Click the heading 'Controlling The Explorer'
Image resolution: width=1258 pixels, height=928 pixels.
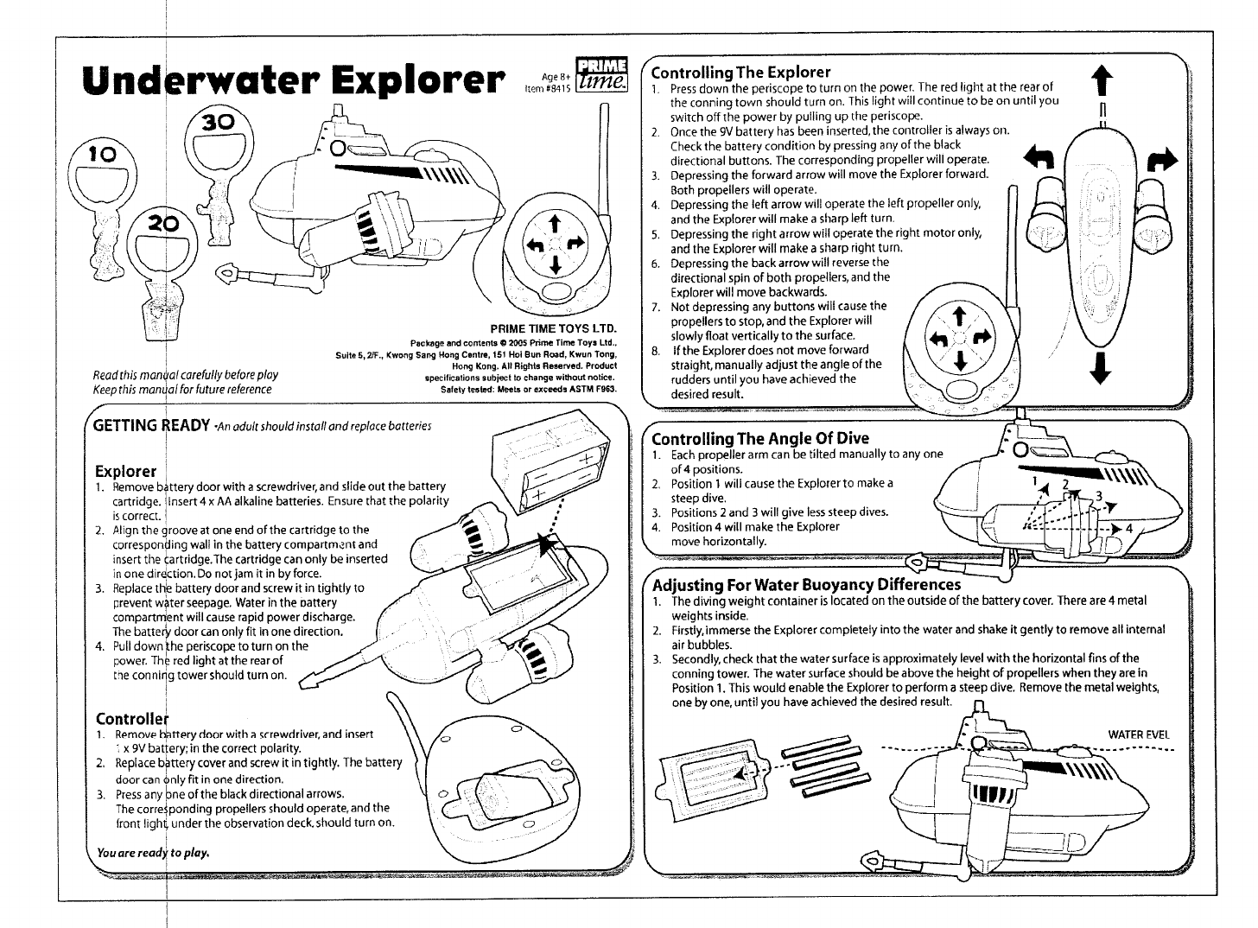click(740, 72)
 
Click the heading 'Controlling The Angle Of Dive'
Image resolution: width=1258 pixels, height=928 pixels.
click(760, 438)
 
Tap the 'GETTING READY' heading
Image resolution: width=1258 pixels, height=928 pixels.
click(151, 425)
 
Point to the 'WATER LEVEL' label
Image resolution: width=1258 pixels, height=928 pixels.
click(1139, 734)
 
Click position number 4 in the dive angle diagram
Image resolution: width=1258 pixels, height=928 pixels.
click(1128, 529)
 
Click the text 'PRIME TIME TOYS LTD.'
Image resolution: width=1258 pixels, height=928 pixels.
click(555, 329)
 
